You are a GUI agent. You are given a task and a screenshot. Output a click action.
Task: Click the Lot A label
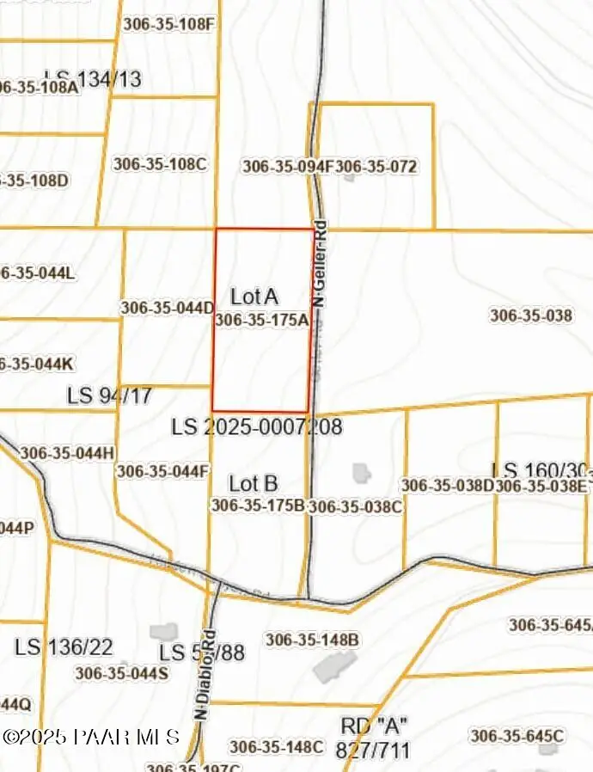point(254,297)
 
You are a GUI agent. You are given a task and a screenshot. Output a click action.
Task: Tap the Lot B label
point(253,483)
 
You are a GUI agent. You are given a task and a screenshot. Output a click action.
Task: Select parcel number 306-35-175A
point(261,320)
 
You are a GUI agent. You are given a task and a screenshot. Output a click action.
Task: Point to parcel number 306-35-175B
point(258,505)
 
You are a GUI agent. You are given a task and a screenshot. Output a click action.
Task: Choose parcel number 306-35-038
point(530,316)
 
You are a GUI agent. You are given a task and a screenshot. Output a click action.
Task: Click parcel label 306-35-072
point(376,166)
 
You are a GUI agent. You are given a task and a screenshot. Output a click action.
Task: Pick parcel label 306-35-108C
point(160,163)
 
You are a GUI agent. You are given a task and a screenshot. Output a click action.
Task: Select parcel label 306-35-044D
point(167,307)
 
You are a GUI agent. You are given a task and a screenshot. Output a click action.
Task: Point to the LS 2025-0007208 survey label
point(256,426)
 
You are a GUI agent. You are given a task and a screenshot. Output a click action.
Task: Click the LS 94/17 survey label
point(109,396)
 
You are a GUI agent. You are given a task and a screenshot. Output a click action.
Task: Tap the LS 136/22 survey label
point(64,646)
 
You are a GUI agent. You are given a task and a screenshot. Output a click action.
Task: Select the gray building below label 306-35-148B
point(334,667)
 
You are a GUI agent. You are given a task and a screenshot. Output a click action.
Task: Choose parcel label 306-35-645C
point(517,736)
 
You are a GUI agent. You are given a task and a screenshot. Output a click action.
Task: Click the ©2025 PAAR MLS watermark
point(90,737)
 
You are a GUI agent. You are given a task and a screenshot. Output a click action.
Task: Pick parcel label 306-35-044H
point(66,453)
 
